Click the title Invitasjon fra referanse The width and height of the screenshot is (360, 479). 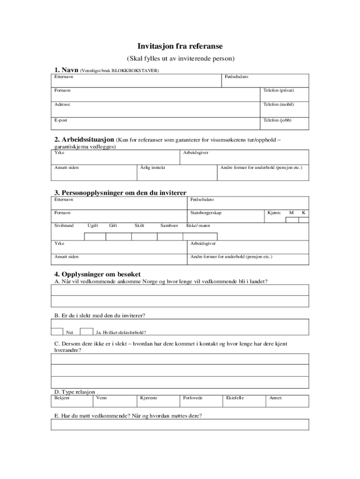tap(180, 46)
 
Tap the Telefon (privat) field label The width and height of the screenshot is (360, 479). tap(279, 90)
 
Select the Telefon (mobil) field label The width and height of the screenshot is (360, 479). tap(279, 105)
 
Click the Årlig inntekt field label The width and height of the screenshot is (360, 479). tap(152, 167)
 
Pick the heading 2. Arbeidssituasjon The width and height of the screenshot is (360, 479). tap(84, 139)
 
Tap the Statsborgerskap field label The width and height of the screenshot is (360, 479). tap(206, 213)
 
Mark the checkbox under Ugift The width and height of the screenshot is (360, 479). tap(95, 236)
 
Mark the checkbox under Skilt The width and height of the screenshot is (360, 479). tap(144, 236)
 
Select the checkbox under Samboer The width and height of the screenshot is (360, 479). tap(169, 236)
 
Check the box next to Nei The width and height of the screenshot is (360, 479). tap(58, 332)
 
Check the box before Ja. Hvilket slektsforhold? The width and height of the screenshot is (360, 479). tap(86, 332)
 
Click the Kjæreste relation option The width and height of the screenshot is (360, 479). tap(149, 398)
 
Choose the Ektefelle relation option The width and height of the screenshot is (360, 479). tap(235, 398)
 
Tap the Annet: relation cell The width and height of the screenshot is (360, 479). tap(276, 398)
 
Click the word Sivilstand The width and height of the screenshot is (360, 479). tap(64, 225)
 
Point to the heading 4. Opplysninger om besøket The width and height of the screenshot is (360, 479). tap(97, 274)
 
